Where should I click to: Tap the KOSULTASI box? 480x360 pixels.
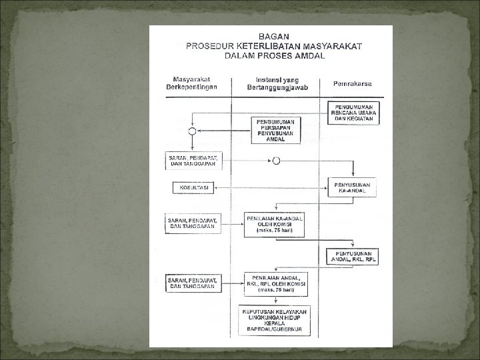point(192,188)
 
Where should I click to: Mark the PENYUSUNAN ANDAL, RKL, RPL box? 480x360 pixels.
point(353,257)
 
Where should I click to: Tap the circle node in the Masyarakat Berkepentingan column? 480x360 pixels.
point(192,131)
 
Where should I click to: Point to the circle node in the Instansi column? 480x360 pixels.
point(276,161)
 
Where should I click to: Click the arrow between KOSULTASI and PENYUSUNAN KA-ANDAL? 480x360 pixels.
point(267,188)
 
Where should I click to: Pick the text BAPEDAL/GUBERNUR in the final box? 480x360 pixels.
point(274,329)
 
